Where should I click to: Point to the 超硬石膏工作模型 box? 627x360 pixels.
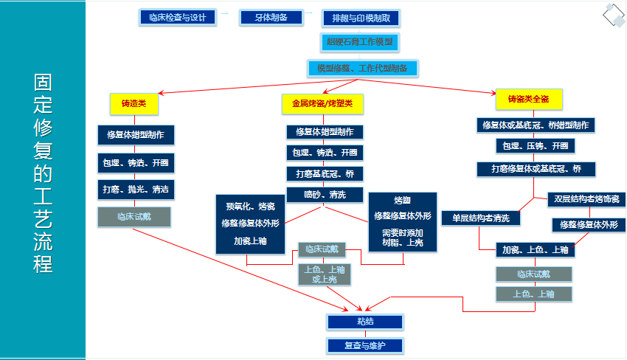pyautogui.click(x=361, y=42)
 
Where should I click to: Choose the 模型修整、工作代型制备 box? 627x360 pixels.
pyautogui.click(x=362, y=68)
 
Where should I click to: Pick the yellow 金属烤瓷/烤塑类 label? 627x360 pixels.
pyautogui.click(x=323, y=104)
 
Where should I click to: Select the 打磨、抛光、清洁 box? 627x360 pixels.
pyautogui.click(x=135, y=189)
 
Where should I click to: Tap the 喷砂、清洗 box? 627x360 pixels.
pyautogui.click(x=325, y=195)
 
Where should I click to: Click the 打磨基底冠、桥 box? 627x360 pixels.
pyautogui.click(x=325, y=174)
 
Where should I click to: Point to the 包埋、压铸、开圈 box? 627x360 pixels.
pyautogui.click(x=536, y=145)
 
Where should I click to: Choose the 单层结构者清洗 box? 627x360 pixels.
pyautogui.click(x=481, y=218)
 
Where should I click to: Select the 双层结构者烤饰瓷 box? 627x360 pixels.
pyautogui.click(x=588, y=199)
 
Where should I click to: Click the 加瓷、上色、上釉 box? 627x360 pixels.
pyautogui.click(x=535, y=250)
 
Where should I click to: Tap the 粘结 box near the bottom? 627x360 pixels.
pyautogui.click(x=365, y=322)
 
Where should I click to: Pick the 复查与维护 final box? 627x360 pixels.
pyautogui.click(x=365, y=345)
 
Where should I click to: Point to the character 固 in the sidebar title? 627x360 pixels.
pyautogui.click(x=43, y=82)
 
